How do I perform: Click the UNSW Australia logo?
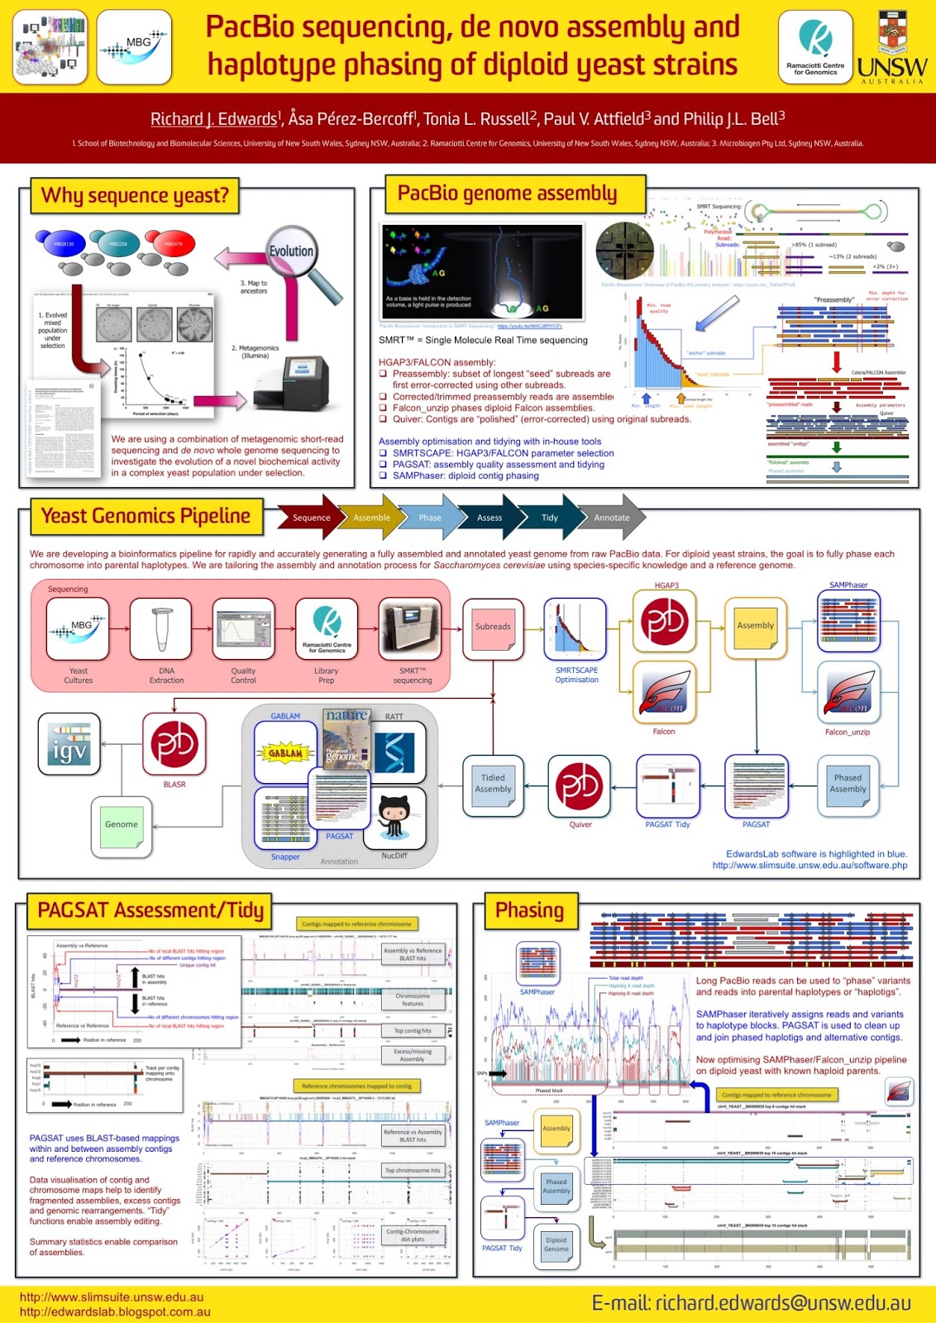[x=891, y=48]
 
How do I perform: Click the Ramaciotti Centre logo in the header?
[x=814, y=46]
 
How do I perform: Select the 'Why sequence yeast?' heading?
[x=135, y=196]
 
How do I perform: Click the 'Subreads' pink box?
[x=493, y=628]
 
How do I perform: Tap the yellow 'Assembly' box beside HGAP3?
[x=755, y=627]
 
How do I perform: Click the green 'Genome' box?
[x=122, y=825]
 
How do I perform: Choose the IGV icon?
[x=69, y=743]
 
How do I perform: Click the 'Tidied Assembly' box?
[x=493, y=784]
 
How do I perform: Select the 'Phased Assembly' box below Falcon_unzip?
[x=848, y=784]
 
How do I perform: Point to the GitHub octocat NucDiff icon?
[x=394, y=818]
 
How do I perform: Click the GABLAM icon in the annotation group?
[x=285, y=752]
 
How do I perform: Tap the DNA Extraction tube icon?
[x=161, y=628]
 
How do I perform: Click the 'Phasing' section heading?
[x=529, y=910]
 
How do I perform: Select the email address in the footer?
[x=751, y=1303]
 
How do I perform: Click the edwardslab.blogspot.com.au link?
[x=115, y=1311]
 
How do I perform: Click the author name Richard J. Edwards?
[x=215, y=119]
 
